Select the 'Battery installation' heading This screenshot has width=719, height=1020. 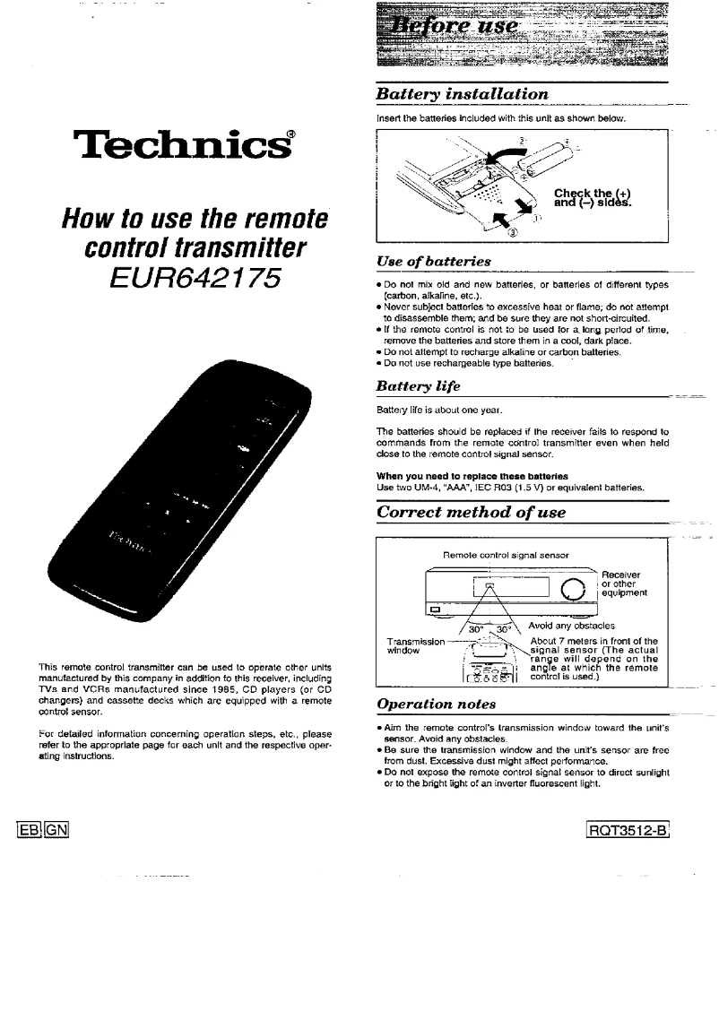coord(462,94)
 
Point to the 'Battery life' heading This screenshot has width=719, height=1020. coord(419,386)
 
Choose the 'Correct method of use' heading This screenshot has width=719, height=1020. coord(472,513)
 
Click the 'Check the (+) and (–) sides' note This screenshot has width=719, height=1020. coord(593,197)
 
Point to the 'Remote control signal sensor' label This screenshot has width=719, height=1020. coord(507,555)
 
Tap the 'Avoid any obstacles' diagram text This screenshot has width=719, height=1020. coord(571,626)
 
